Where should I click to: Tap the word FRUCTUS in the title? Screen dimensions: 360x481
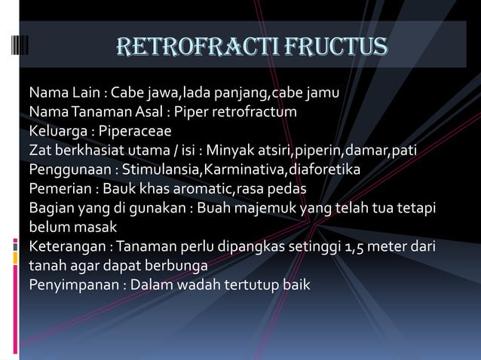tap(332, 47)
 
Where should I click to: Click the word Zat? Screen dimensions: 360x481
tap(40, 150)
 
